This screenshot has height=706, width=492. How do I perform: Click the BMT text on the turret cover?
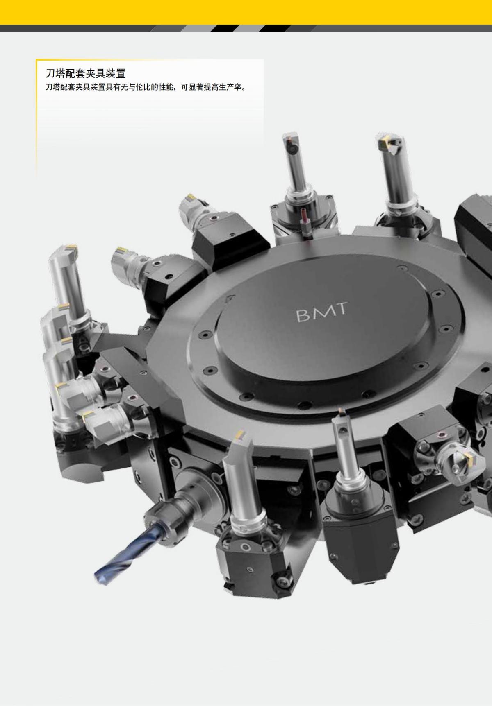321,312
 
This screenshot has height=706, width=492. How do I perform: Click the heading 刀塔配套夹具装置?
85,74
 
